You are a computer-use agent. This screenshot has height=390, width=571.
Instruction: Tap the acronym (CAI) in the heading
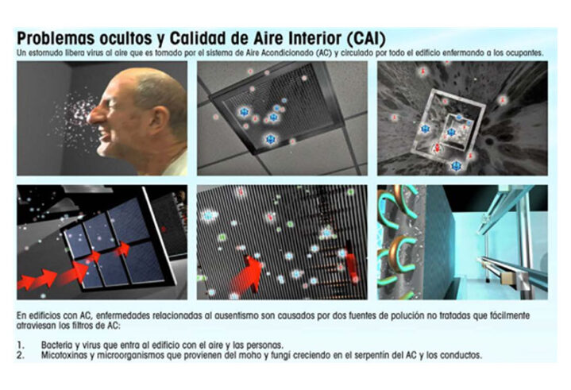365,39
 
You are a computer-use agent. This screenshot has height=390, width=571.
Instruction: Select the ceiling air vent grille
277,108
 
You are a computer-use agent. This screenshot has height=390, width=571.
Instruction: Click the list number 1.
21,345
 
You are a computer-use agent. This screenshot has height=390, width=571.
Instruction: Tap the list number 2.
21,355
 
